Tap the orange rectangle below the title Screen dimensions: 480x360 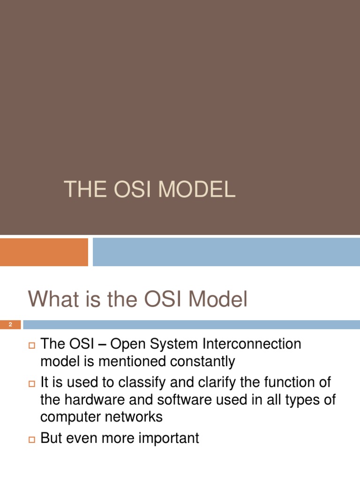44,252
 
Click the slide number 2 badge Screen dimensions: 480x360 10,325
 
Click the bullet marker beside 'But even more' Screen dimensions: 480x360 32,440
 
